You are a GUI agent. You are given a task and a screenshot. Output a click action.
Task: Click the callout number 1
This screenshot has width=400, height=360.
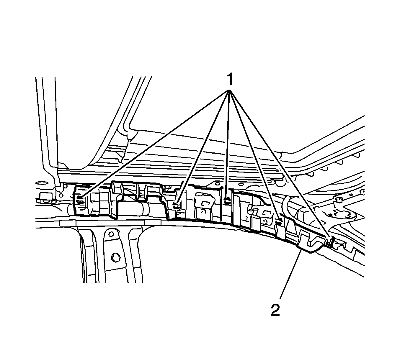click(230, 79)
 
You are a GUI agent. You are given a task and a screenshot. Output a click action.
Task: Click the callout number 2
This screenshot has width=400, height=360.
click(275, 310)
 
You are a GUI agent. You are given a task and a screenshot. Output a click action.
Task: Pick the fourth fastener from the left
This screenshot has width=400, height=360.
click(279, 220)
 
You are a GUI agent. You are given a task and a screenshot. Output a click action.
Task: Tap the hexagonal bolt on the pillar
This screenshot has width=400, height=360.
click(114, 257)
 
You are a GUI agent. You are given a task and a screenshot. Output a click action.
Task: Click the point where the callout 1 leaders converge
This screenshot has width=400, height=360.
click(229, 91)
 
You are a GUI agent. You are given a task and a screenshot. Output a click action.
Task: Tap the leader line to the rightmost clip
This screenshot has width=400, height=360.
click(280, 165)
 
